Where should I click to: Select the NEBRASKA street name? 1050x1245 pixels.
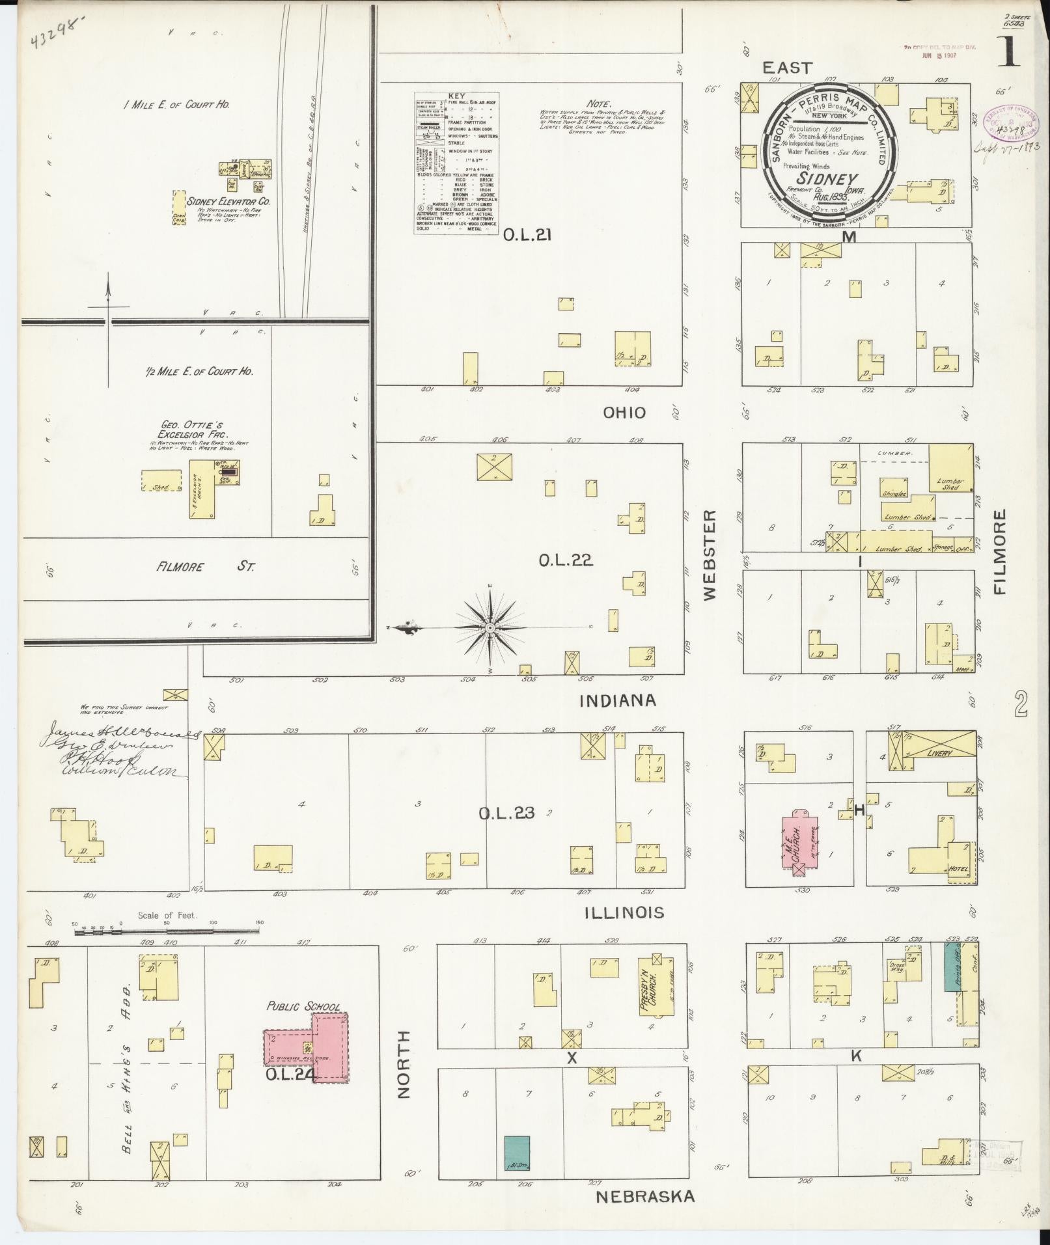pyautogui.click(x=645, y=1196)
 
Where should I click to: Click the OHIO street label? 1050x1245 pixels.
pyautogui.click(x=623, y=412)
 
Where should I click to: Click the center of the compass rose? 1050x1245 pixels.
pyautogui.click(x=490, y=627)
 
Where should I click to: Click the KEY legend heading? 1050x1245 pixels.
pyautogui.click(x=457, y=95)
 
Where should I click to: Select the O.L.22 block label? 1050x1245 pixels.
pyautogui.click(x=565, y=560)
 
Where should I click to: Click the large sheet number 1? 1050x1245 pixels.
pyautogui.click(x=1009, y=53)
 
